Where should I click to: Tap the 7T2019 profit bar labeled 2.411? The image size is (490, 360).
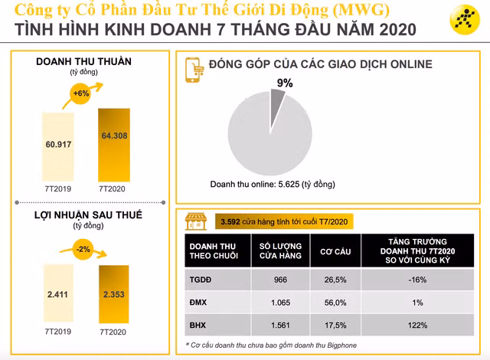(58, 295)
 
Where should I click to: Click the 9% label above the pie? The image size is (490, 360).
(285, 83)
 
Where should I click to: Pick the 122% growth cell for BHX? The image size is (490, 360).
(417, 326)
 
